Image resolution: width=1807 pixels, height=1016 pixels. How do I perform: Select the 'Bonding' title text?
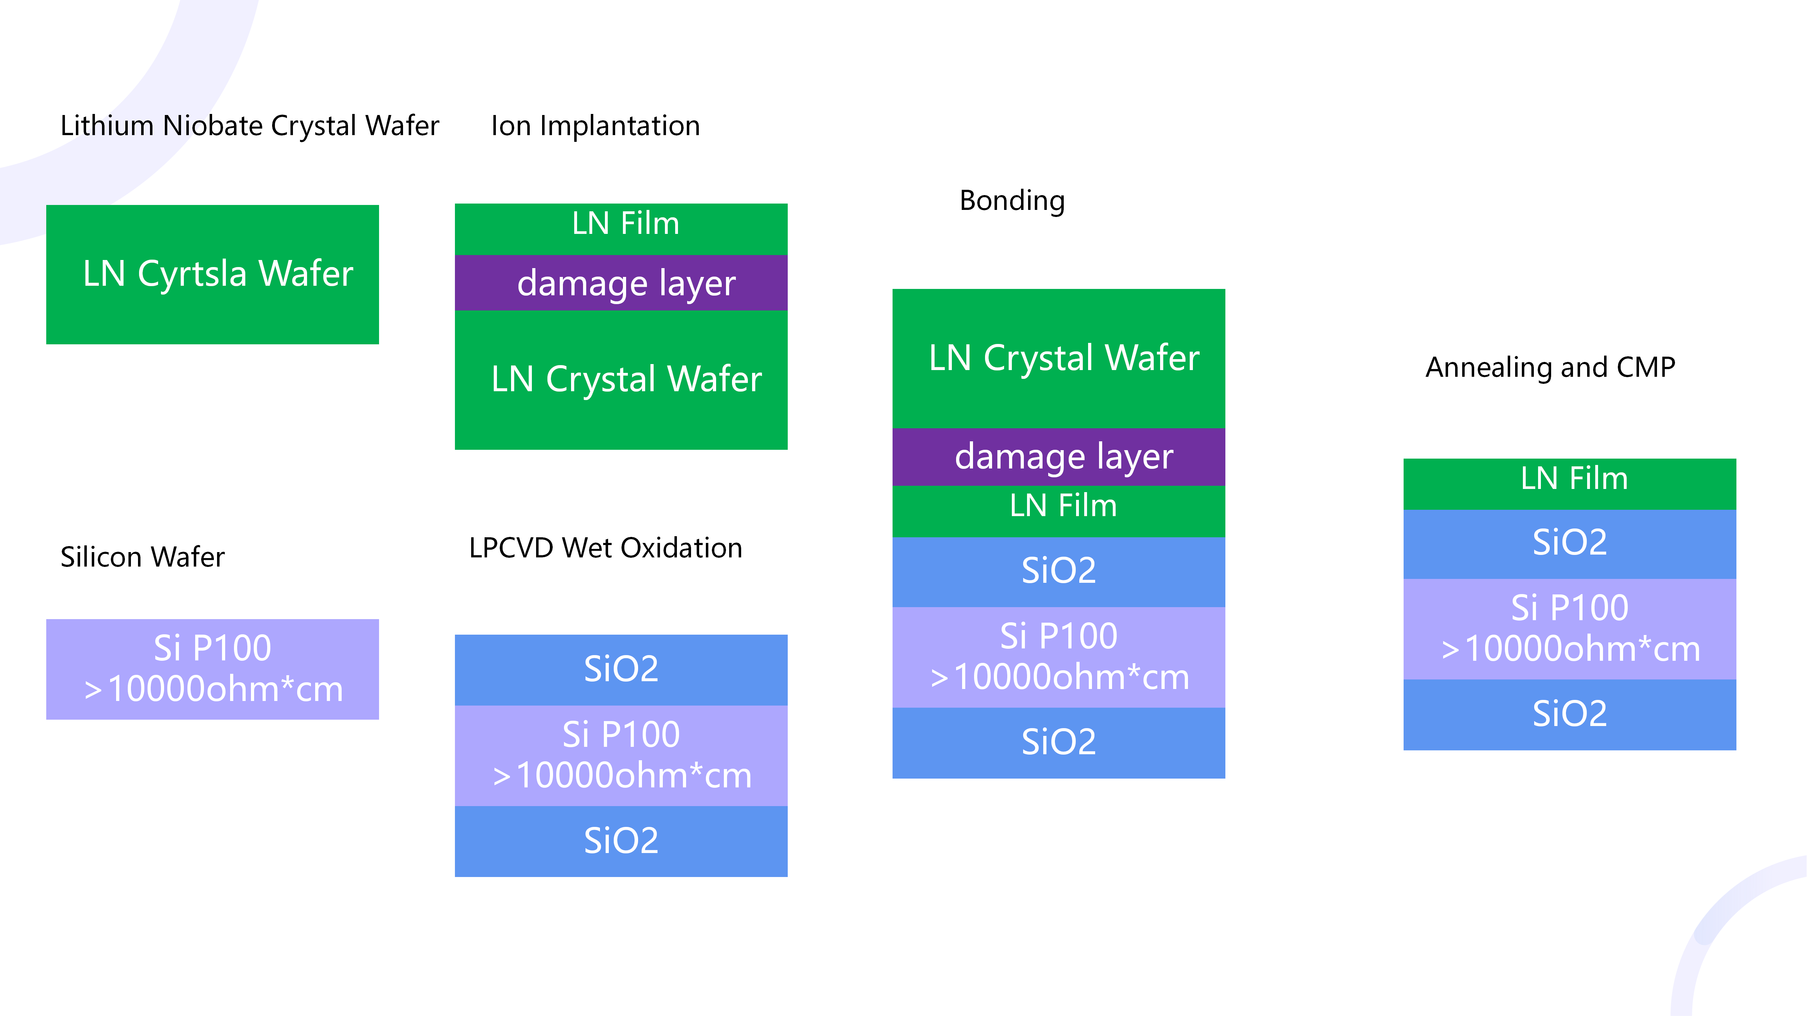coord(1011,200)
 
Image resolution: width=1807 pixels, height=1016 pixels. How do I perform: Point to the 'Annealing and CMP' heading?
coord(1550,367)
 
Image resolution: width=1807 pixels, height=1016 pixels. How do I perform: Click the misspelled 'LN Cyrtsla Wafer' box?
coord(212,274)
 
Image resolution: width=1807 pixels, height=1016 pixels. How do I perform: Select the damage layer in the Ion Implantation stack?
coord(621,283)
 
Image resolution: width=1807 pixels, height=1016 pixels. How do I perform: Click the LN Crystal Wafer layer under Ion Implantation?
coord(621,379)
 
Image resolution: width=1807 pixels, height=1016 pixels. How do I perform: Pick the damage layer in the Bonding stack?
coord(1058,456)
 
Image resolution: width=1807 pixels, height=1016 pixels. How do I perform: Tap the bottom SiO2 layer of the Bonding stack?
coord(1058,742)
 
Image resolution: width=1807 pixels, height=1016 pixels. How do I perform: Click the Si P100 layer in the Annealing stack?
coord(1569,628)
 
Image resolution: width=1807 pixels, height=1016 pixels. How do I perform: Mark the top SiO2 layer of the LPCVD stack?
coord(621,669)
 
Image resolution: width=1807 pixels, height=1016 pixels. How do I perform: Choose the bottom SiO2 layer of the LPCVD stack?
coord(621,841)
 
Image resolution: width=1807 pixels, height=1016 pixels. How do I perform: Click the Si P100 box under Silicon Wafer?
coord(212,668)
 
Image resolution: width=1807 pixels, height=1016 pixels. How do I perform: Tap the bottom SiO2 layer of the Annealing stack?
coord(1569,714)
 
